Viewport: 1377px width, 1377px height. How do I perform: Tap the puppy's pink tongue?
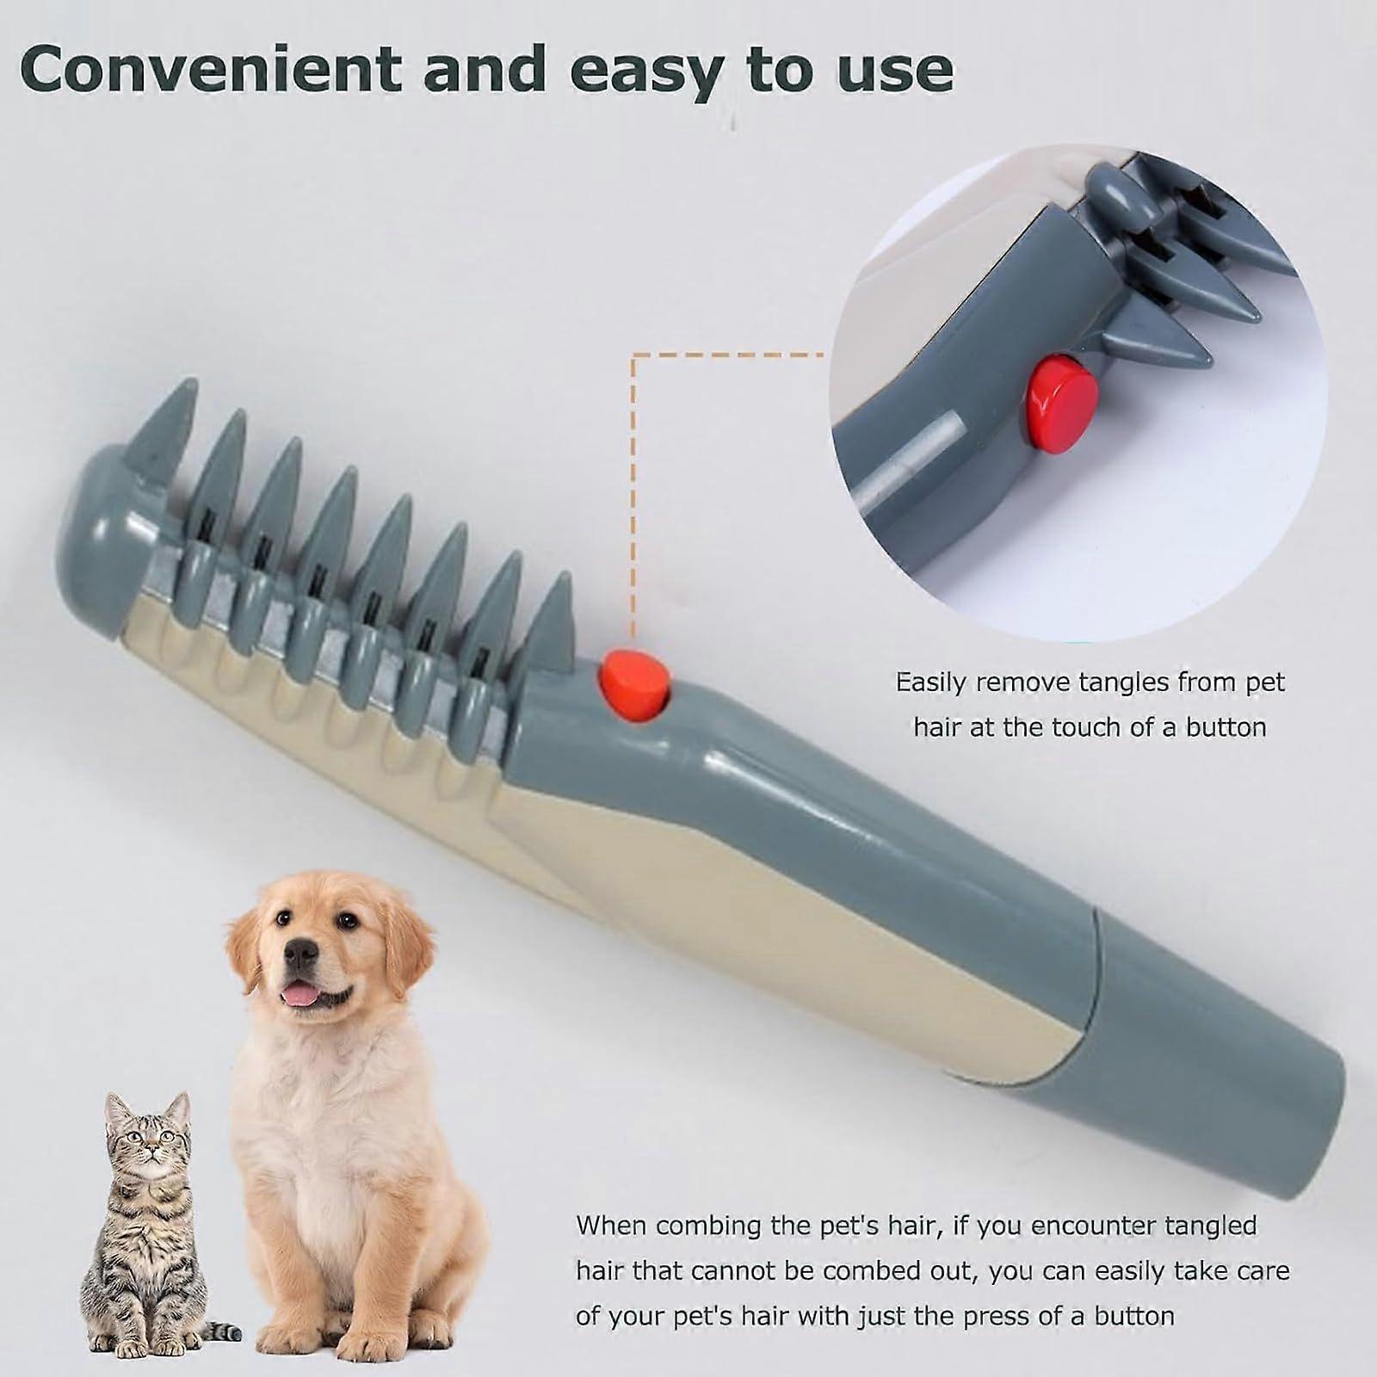point(301,997)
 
